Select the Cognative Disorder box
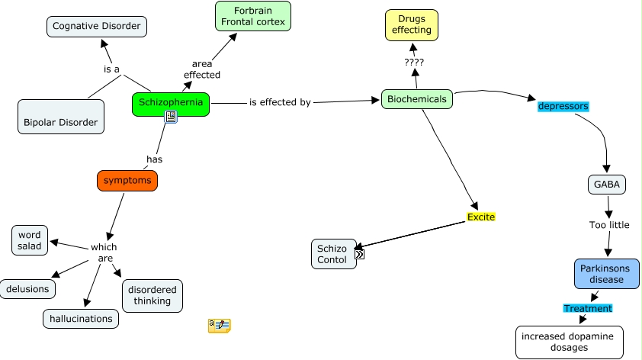point(96,27)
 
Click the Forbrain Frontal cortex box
point(253,16)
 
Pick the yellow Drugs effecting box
point(412,24)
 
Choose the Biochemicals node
point(417,99)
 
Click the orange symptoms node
point(127,180)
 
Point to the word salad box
point(30,240)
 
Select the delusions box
point(28,289)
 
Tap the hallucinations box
point(80,319)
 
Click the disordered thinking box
point(152,295)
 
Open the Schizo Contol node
point(333,254)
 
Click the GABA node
point(608,184)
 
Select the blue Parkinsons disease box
point(606,274)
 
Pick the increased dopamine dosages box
point(569,342)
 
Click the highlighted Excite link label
point(481,217)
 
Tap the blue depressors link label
point(563,106)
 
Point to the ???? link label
point(414,62)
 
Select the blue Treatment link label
point(587,308)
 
